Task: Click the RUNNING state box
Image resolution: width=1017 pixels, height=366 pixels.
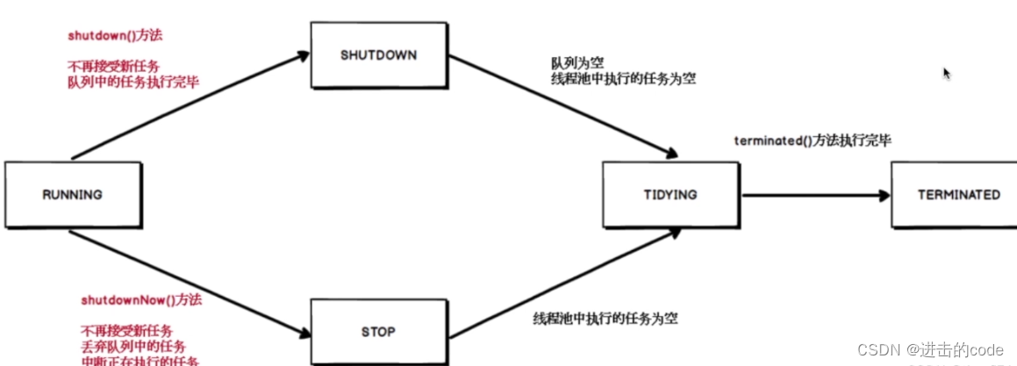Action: click(x=72, y=195)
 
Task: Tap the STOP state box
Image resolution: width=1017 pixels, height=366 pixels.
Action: click(x=378, y=332)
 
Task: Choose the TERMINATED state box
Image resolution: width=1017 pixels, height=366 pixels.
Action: click(x=958, y=195)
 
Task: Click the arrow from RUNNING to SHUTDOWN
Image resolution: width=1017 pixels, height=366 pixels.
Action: click(x=189, y=105)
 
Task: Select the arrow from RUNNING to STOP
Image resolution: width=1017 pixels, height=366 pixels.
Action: click(x=189, y=283)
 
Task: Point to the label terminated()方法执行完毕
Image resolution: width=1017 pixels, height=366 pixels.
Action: click(x=812, y=140)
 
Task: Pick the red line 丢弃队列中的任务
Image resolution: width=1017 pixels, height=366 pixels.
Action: click(x=132, y=347)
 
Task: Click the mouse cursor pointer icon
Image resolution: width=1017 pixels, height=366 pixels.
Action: click(x=947, y=74)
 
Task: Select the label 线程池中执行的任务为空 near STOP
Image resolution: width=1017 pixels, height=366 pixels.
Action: click(x=605, y=319)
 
